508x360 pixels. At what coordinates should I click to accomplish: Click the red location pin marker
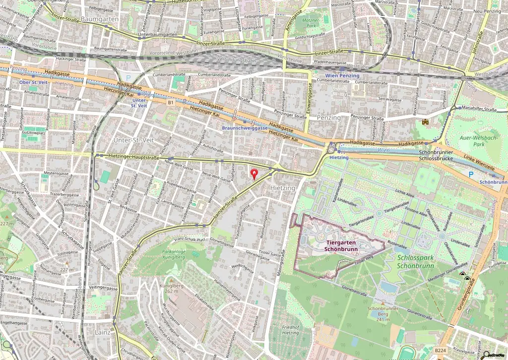(x=255, y=174)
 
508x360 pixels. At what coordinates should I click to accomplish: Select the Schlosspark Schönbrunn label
(x=416, y=261)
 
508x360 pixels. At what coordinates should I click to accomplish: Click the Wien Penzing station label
(x=342, y=75)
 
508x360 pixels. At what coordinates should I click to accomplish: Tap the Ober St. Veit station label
(x=33, y=82)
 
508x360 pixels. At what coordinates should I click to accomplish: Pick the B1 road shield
(x=171, y=103)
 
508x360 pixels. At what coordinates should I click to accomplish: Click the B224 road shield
(x=440, y=350)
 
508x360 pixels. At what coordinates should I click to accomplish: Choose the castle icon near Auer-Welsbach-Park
(x=425, y=121)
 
